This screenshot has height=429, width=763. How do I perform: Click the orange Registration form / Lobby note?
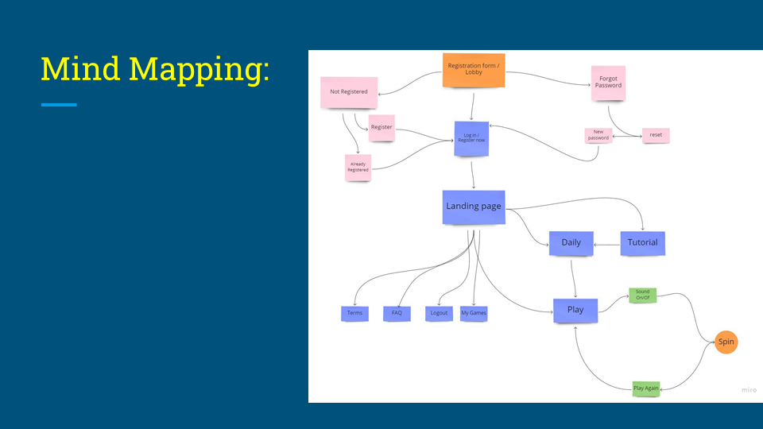coord(474,69)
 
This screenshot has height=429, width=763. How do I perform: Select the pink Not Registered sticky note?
coord(348,91)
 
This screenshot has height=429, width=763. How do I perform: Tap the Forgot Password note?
coord(609,82)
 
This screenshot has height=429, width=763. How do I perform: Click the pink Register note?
coord(381,127)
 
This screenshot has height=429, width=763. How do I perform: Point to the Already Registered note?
coord(358,167)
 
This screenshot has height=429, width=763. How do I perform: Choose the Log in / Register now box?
coord(471,138)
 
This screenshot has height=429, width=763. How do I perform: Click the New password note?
coord(598,135)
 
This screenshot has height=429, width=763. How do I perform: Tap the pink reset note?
coord(656,135)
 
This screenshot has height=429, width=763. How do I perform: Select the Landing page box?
coord(474,207)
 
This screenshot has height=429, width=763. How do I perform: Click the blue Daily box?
coord(571,242)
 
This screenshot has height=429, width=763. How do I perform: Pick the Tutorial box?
coord(642,242)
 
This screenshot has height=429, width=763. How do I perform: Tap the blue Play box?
coord(575,309)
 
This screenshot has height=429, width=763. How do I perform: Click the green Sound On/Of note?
coord(642,295)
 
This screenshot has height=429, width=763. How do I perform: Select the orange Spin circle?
coord(726,342)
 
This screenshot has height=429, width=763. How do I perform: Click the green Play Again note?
coord(646,388)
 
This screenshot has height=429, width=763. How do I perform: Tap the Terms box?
coord(354,313)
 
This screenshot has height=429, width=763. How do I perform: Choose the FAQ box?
coord(397,313)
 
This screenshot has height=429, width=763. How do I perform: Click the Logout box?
coord(439,313)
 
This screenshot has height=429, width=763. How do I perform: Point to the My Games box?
coord(474,313)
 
